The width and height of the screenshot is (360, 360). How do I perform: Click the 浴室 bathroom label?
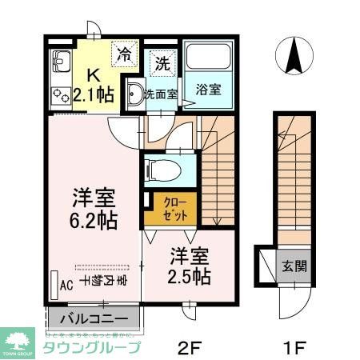pyautogui.click(x=208, y=90)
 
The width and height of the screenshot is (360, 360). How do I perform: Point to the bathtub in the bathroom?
pyautogui.click(x=208, y=58)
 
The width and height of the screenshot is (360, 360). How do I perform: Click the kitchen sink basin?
pyautogui.click(x=60, y=59)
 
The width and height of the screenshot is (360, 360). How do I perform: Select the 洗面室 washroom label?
pyautogui.click(x=160, y=93)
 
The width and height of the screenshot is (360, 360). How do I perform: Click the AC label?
pyautogui.click(x=61, y=285)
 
